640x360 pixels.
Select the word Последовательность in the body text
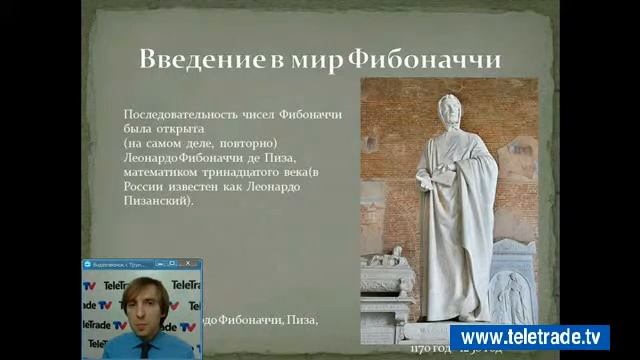point(177,116)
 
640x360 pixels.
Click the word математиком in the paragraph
point(160,172)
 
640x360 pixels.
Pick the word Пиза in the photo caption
point(302,320)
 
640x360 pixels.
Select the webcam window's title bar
point(140,265)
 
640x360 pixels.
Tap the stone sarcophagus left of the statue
point(385,290)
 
